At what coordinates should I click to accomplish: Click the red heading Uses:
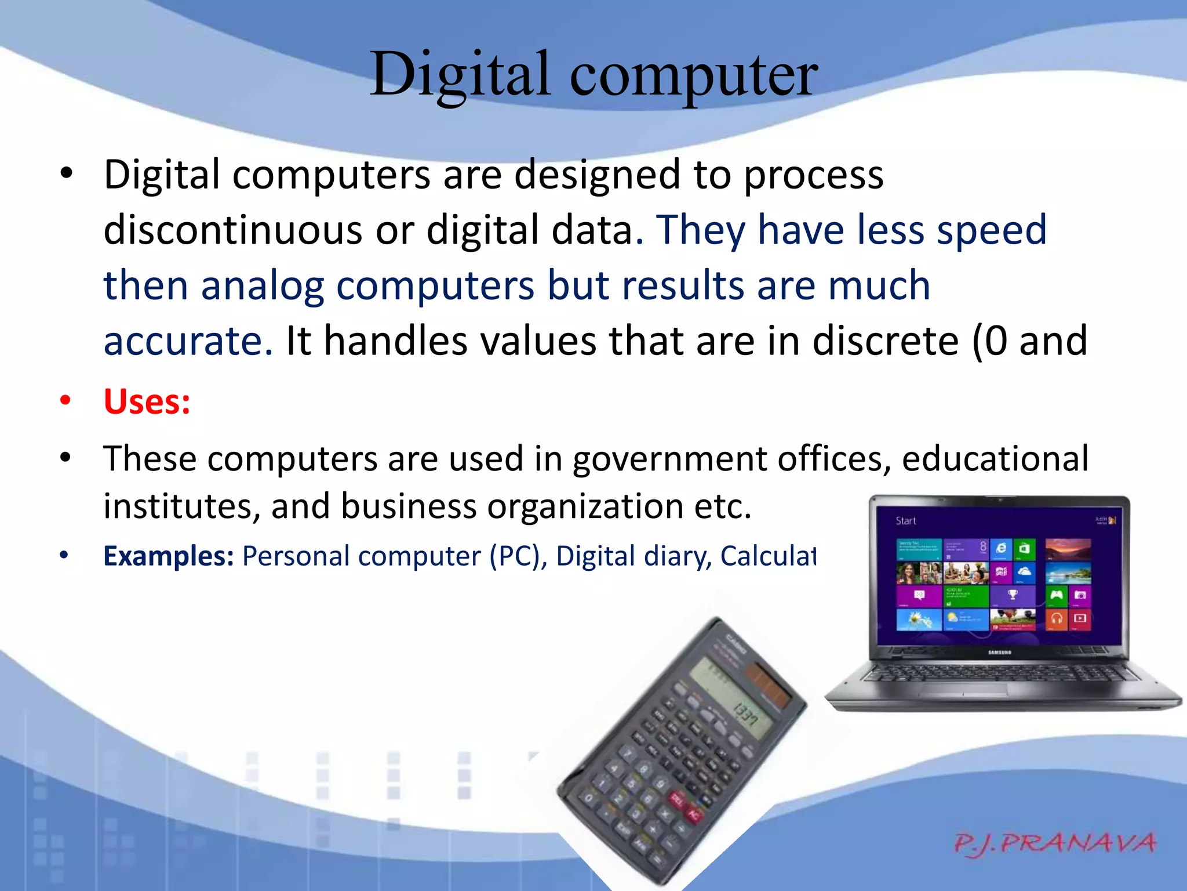tap(147, 401)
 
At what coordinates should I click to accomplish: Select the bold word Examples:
tap(168, 556)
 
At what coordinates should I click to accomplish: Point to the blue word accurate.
tap(187, 341)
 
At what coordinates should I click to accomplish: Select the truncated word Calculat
tap(768, 556)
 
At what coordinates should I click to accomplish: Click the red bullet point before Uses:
tap(65, 400)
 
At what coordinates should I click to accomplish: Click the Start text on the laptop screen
tap(905, 521)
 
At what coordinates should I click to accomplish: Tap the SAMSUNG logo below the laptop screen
tap(999, 653)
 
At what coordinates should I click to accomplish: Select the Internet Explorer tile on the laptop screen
tap(1001, 548)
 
